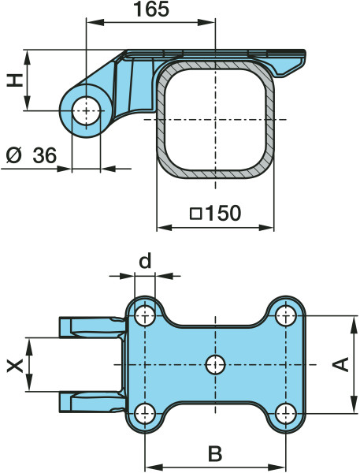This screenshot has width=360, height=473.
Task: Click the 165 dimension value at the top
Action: click(151, 9)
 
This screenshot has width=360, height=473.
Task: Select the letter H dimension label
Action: click(15, 80)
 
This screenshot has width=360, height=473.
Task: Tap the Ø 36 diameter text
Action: click(32, 155)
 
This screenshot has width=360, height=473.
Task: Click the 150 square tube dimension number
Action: click(222, 213)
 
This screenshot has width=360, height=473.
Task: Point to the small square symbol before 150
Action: click(196, 214)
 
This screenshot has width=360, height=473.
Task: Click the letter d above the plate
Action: click(145, 261)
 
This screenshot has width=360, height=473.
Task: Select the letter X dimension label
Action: click(15, 366)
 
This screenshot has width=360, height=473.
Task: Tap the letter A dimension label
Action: click(341, 364)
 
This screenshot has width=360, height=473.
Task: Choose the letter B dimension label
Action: click(215, 453)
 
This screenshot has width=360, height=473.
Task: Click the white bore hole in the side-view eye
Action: click(86, 110)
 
